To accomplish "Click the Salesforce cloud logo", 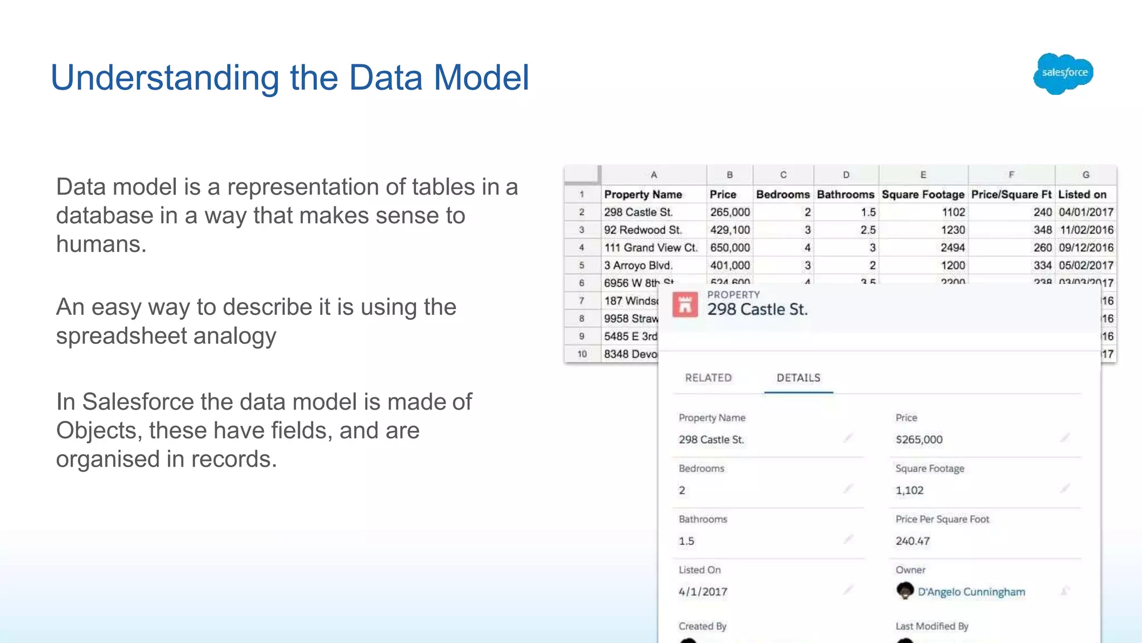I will [1063, 73].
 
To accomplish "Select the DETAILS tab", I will [799, 378].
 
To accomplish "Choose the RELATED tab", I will [708, 378].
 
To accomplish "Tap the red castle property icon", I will [685, 305].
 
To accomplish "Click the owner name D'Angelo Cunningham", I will [971, 592].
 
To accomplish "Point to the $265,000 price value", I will [919, 439].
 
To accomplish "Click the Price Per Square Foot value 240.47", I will [913, 541].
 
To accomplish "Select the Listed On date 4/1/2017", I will [703, 592].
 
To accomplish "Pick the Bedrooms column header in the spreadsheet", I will [783, 194].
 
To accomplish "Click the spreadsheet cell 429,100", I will [730, 230].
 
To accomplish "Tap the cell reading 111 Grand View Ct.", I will [651, 248].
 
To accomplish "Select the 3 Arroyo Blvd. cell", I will [638, 266].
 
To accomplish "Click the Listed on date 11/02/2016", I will [1086, 230].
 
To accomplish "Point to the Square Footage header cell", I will [923, 194].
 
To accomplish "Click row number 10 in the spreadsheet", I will [582, 354].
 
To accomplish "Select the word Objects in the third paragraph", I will [96, 430].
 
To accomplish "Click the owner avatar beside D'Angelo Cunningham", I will [905, 591].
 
